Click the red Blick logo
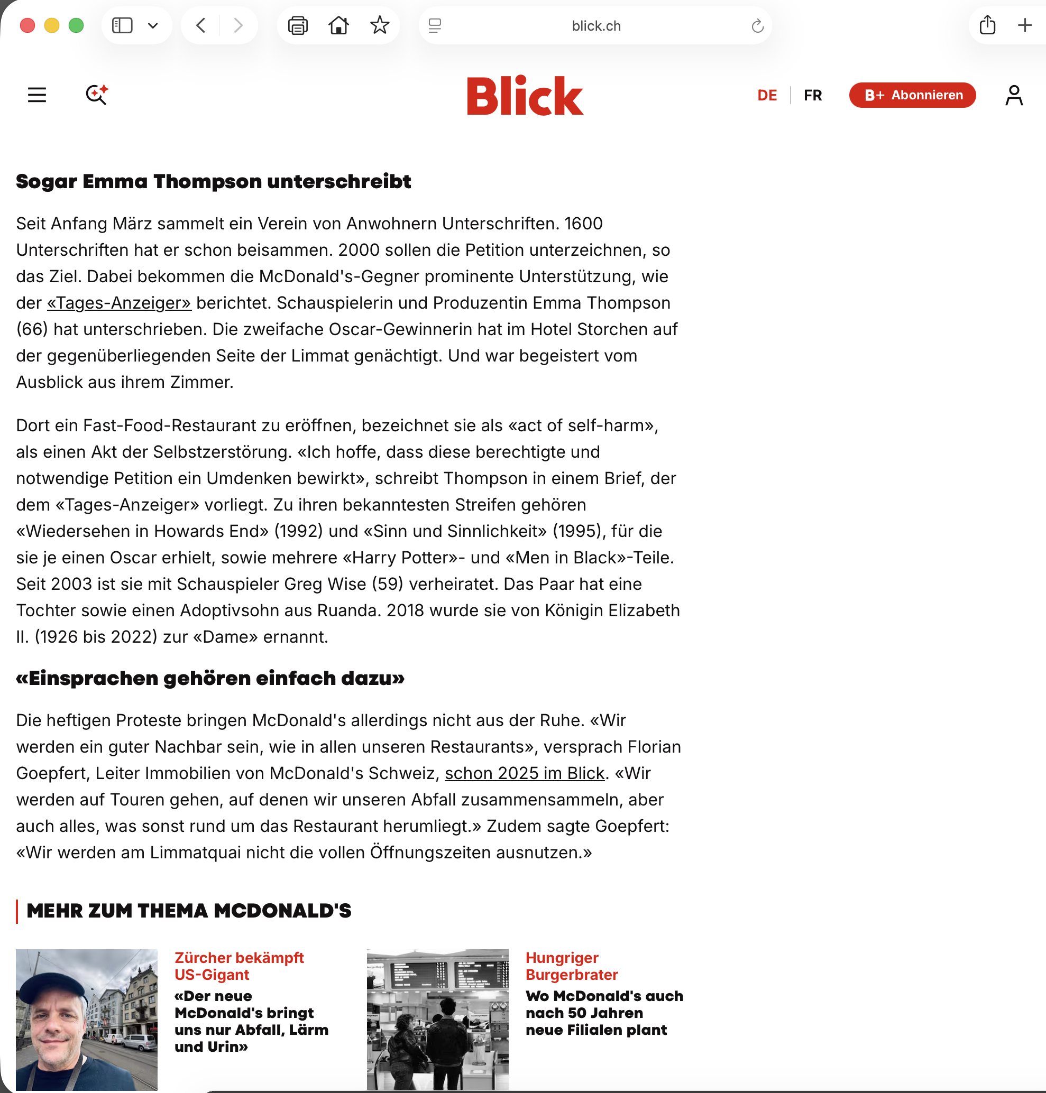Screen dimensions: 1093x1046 tap(524, 95)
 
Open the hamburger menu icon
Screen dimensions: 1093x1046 tap(37, 95)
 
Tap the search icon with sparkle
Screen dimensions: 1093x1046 tap(96, 95)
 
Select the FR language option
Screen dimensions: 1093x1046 tap(812, 95)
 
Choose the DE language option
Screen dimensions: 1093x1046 tap(767, 95)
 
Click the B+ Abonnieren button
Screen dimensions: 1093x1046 tap(912, 95)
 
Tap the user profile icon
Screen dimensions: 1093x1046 tap(1014, 95)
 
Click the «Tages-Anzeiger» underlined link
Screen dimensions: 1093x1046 tap(119, 303)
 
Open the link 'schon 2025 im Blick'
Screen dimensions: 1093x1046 tap(524, 773)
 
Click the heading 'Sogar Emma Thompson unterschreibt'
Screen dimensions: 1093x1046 tap(213, 182)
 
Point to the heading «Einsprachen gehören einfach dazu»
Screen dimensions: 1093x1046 tap(209, 678)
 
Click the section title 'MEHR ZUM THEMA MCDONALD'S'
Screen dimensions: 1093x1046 tap(188, 911)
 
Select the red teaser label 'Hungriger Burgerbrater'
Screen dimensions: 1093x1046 tap(572, 966)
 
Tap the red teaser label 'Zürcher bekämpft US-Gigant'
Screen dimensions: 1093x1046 tap(238, 966)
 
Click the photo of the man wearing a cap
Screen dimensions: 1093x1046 tap(86, 1020)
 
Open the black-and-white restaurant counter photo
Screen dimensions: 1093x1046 tap(437, 1020)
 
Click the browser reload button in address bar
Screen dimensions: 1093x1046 tap(757, 26)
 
